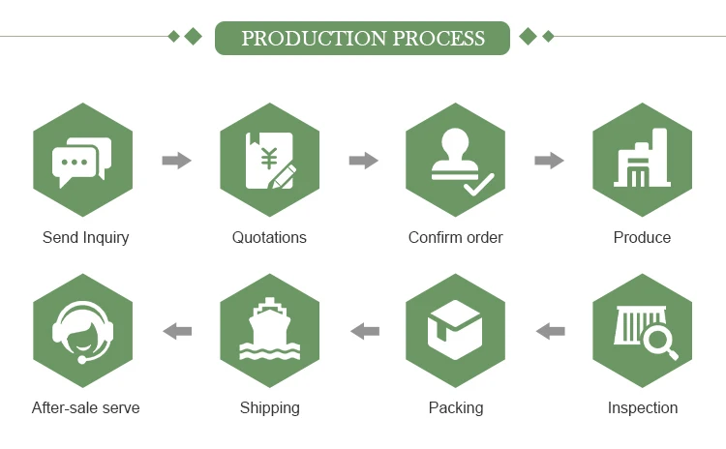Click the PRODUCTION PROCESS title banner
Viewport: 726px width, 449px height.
tap(362, 39)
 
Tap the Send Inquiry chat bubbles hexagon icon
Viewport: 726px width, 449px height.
tap(82, 160)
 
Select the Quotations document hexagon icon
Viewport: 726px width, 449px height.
tap(269, 160)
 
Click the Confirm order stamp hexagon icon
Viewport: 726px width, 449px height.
tap(456, 160)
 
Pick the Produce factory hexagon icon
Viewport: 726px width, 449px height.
tap(642, 160)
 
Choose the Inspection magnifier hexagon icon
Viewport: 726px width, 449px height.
tap(642, 331)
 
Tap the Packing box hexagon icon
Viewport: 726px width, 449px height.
tap(456, 331)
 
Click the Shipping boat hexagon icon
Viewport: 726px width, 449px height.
tap(269, 331)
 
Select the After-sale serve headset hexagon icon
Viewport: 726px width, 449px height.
tap(82, 331)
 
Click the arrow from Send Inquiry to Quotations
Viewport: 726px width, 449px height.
tap(176, 161)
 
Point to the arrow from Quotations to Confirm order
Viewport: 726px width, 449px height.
tap(363, 161)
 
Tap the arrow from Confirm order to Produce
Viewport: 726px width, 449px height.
tap(549, 161)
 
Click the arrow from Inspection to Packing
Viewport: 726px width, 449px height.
tap(550, 331)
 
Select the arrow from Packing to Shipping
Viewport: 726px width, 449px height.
tap(364, 331)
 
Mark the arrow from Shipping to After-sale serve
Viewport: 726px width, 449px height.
tap(176, 331)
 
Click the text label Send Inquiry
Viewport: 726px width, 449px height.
tap(85, 237)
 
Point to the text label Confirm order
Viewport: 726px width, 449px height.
tap(455, 237)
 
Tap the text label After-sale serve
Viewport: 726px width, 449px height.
tap(85, 407)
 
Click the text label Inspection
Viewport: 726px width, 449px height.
tap(642, 407)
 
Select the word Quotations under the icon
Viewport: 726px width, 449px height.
tap(269, 237)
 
